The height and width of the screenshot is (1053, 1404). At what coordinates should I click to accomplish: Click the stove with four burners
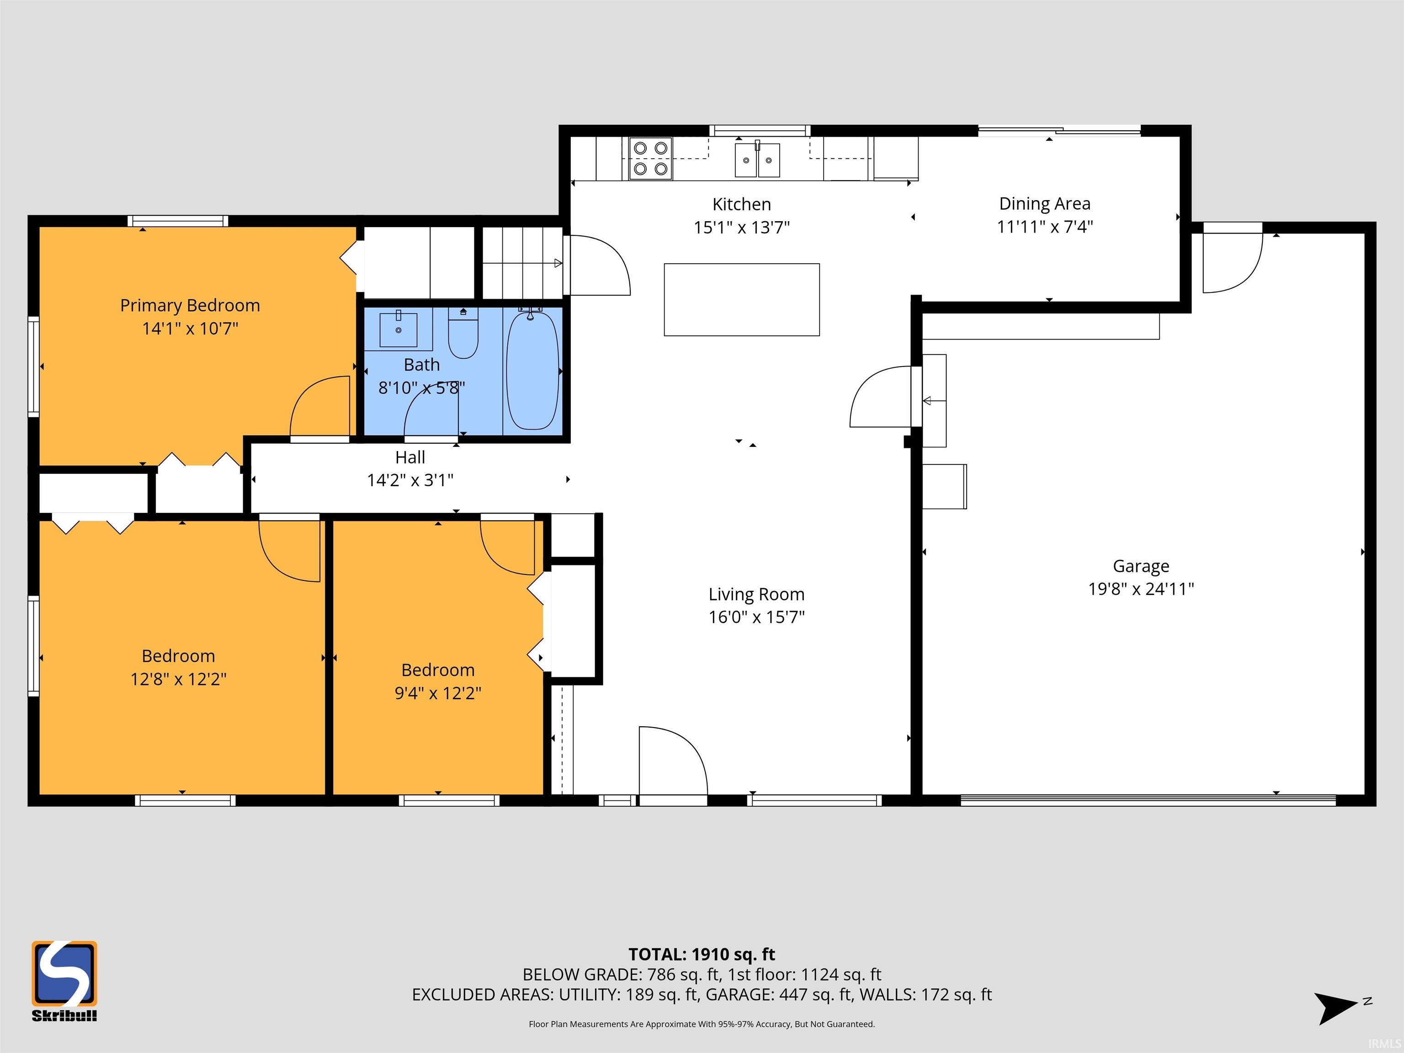(651, 159)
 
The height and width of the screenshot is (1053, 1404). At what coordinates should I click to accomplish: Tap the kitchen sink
(757, 160)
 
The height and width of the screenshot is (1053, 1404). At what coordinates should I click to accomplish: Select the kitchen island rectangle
(741, 300)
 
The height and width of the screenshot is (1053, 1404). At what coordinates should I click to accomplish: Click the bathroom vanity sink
(398, 329)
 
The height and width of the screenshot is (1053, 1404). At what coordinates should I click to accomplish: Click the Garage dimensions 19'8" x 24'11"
(1141, 589)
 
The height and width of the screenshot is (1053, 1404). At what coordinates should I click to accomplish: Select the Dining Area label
(1045, 204)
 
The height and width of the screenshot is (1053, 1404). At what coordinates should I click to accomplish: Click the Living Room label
(756, 594)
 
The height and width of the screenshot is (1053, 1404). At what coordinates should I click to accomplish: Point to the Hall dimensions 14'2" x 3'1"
(410, 480)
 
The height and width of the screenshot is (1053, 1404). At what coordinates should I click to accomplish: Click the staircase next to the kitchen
(522, 263)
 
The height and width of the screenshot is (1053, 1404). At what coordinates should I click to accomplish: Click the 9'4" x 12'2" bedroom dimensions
(438, 693)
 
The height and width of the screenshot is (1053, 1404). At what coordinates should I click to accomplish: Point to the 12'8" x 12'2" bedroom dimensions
(178, 679)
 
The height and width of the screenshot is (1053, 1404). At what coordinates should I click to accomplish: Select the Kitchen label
(741, 204)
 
